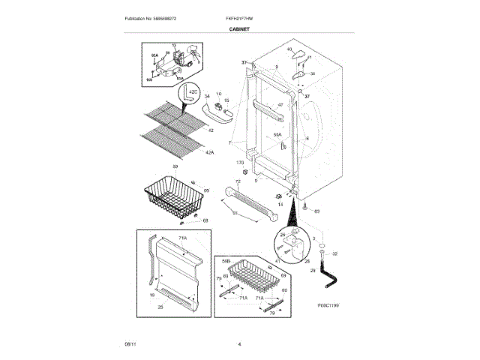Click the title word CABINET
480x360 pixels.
click(239, 29)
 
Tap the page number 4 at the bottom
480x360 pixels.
click(238, 344)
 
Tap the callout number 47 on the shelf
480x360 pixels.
click(280, 104)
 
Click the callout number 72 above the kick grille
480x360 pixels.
click(238, 181)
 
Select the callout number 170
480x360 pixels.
click(240, 163)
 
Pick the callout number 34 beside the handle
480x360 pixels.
click(207, 96)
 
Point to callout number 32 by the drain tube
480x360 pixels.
click(334, 254)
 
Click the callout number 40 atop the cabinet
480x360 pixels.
click(289, 49)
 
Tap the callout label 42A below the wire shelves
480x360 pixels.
click(209, 152)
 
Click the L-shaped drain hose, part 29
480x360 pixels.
click(328, 271)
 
